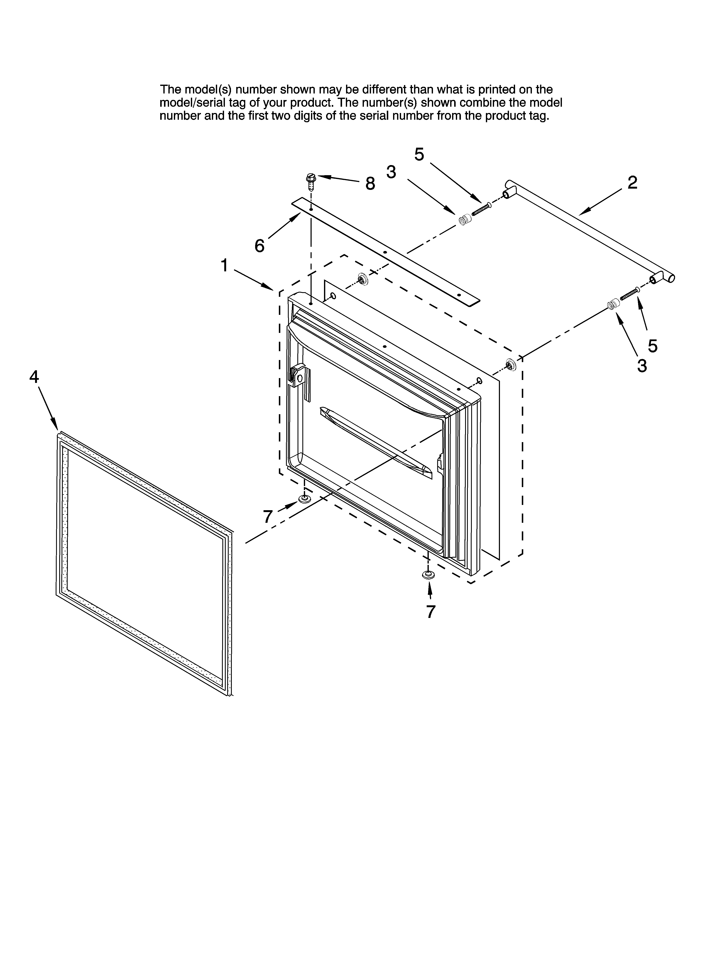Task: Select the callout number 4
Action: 34,377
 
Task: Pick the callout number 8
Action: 370,184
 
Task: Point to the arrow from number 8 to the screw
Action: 338,179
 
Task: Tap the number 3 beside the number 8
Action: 391,172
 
